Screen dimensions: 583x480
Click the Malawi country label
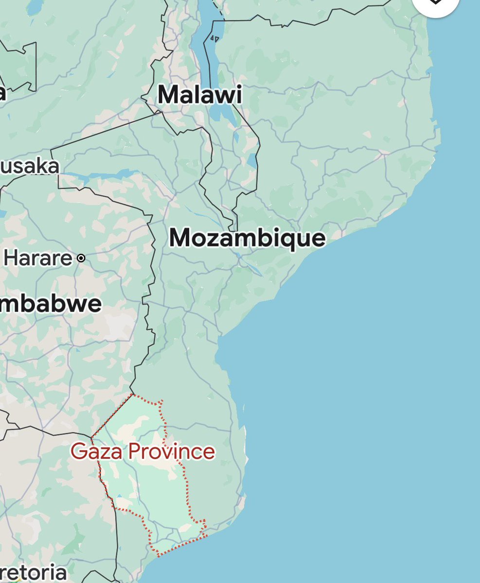click(x=200, y=95)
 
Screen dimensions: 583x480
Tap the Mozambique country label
click(x=247, y=239)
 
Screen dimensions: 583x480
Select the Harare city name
click(x=38, y=258)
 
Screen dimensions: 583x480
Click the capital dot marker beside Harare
click(x=81, y=258)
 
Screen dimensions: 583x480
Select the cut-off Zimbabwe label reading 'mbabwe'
click(x=51, y=304)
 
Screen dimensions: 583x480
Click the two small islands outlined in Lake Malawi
click(x=213, y=37)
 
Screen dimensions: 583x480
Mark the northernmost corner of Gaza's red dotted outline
click(x=132, y=394)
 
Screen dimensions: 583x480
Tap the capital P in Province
click(x=135, y=452)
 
